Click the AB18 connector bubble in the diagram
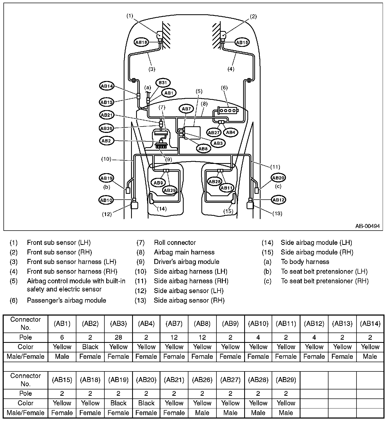[x=141, y=42]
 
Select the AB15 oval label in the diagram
[x=242, y=42]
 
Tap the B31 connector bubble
[x=163, y=83]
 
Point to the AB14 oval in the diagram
[x=107, y=86]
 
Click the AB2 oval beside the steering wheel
[x=106, y=141]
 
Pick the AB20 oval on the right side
[x=278, y=178]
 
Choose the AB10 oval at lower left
[x=106, y=200]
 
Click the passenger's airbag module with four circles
[x=228, y=110]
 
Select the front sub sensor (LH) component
[x=160, y=35]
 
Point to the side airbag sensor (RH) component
[x=250, y=205]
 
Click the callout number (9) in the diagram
[x=168, y=160]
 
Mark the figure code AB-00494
[x=367, y=226]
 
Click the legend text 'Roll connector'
[x=175, y=243]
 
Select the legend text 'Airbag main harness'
[x=184, y=252]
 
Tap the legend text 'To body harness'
[x=305, y=262]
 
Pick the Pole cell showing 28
[x=118, y=337]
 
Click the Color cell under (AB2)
[x=90, y=347]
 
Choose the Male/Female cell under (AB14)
[x=370, y=357]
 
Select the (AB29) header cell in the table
[x=286, y=380]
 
